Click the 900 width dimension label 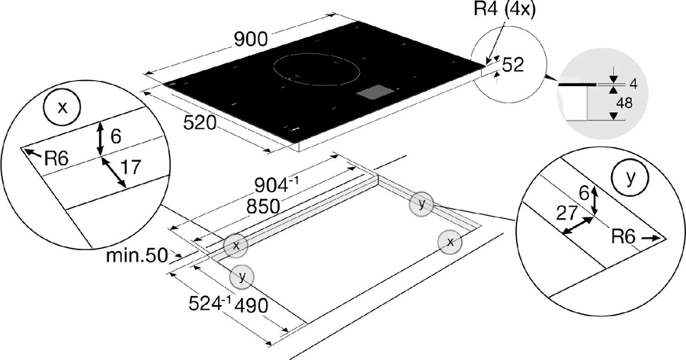pos(251,39)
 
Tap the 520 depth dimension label pos(200,123)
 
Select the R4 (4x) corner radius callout pos(505,9)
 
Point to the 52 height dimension pos(513,65)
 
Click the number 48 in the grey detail pos(623,103)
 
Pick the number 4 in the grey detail pos(633,84)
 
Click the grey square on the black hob pos(375,94)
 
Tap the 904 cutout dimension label pos(277,185)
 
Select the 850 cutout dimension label pos(263,206)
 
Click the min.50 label pos(137,256)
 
